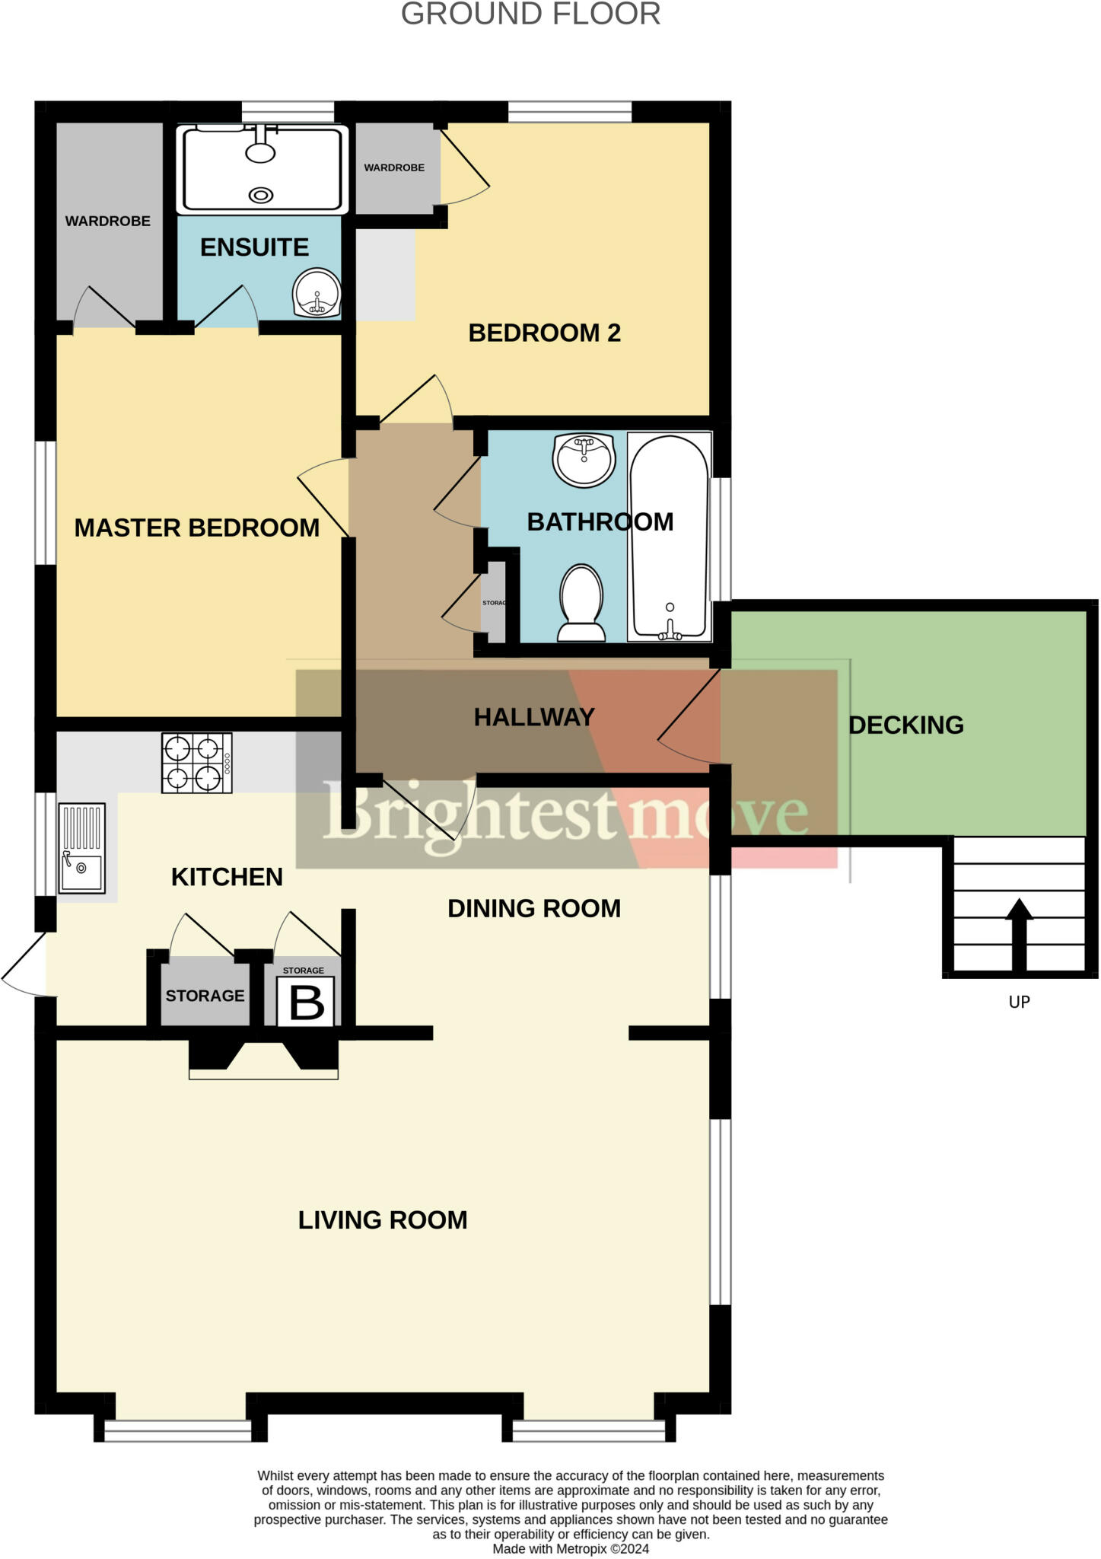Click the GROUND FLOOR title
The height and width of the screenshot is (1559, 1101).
[x=530, y=14]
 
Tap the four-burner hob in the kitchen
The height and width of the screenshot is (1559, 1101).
[x=196, y=763]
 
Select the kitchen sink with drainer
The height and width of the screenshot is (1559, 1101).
[x=82, y=847]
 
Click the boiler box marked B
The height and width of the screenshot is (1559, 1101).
[x=305, y=1001]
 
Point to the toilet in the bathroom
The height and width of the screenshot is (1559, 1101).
[x=581, y=603]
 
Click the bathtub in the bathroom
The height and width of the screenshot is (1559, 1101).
[x=669, y=537]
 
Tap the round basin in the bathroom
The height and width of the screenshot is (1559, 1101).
[x=584, y=459]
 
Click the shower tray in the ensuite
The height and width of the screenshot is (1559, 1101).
[x=262, y=169]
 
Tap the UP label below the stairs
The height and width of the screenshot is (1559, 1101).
[x=1019, y=1002]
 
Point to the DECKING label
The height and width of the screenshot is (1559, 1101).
[x=905, y=725]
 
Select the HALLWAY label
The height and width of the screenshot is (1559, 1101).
[x=533, y=716]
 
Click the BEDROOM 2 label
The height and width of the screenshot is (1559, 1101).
[x=544, y=333]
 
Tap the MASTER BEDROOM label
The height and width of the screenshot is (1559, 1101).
[x=196, y=528]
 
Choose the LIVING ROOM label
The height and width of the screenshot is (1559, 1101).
[x=382, y=1219]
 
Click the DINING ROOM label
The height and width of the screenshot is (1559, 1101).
[x=533, y=908]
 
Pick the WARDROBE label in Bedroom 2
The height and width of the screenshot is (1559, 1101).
[x=393, y=167]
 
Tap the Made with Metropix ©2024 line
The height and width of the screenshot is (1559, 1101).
[x=571, y=1548]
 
